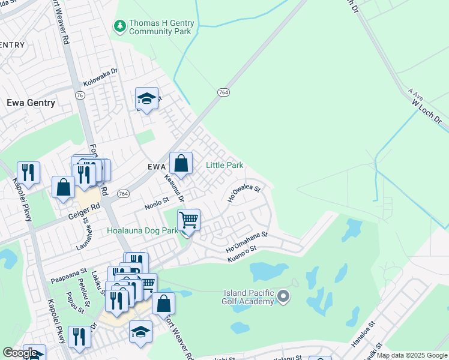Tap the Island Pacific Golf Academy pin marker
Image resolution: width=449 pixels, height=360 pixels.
pyautogui.click(x=285, y=296)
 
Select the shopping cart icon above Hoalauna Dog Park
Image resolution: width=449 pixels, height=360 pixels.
pyautogui.click(x=188, y=220)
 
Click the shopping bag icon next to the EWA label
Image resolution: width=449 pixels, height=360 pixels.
pyautogui.click(x=181, y=163)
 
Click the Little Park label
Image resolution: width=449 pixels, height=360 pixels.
pyautogui.click(x=224, y=165)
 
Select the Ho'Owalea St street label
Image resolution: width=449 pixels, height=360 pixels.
pyautogui.click(x=243, y=192)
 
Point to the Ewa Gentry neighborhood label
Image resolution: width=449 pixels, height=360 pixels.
pyautogui.click(x=31, y=103)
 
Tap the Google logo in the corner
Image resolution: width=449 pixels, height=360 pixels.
pyautogui.click(x=20, y=353)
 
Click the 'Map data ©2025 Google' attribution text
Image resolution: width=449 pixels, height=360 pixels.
pyautogui.click(x=412, y=355)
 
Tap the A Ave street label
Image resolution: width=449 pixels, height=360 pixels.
pyautogui.click(x=415, y=94)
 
